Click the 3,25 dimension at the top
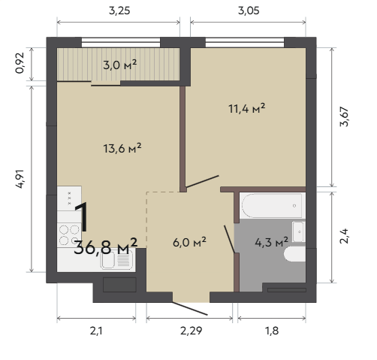coord(119,11)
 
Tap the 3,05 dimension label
coord(249,11)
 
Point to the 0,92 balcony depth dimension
coord(20,63)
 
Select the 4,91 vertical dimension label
coord(20,179)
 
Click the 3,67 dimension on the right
coord(344,116)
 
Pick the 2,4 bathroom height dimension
coord(344,236)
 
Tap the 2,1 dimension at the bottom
coord(96,331)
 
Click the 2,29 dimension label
coord(191,331)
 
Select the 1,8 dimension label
coord(272,331)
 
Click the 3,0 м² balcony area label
coord(120,65)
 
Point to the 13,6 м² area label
coord(122,148)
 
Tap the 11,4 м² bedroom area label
coord(247,109)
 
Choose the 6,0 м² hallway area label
coord(189,242)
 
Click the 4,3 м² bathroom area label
coord(272,242)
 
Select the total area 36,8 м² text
coord(106,247)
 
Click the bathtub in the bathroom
coord(273,206)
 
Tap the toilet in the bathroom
coord(295,254)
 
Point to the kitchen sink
coord(117,260)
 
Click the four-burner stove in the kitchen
coord(69,235)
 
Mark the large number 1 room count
coord(82,217)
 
